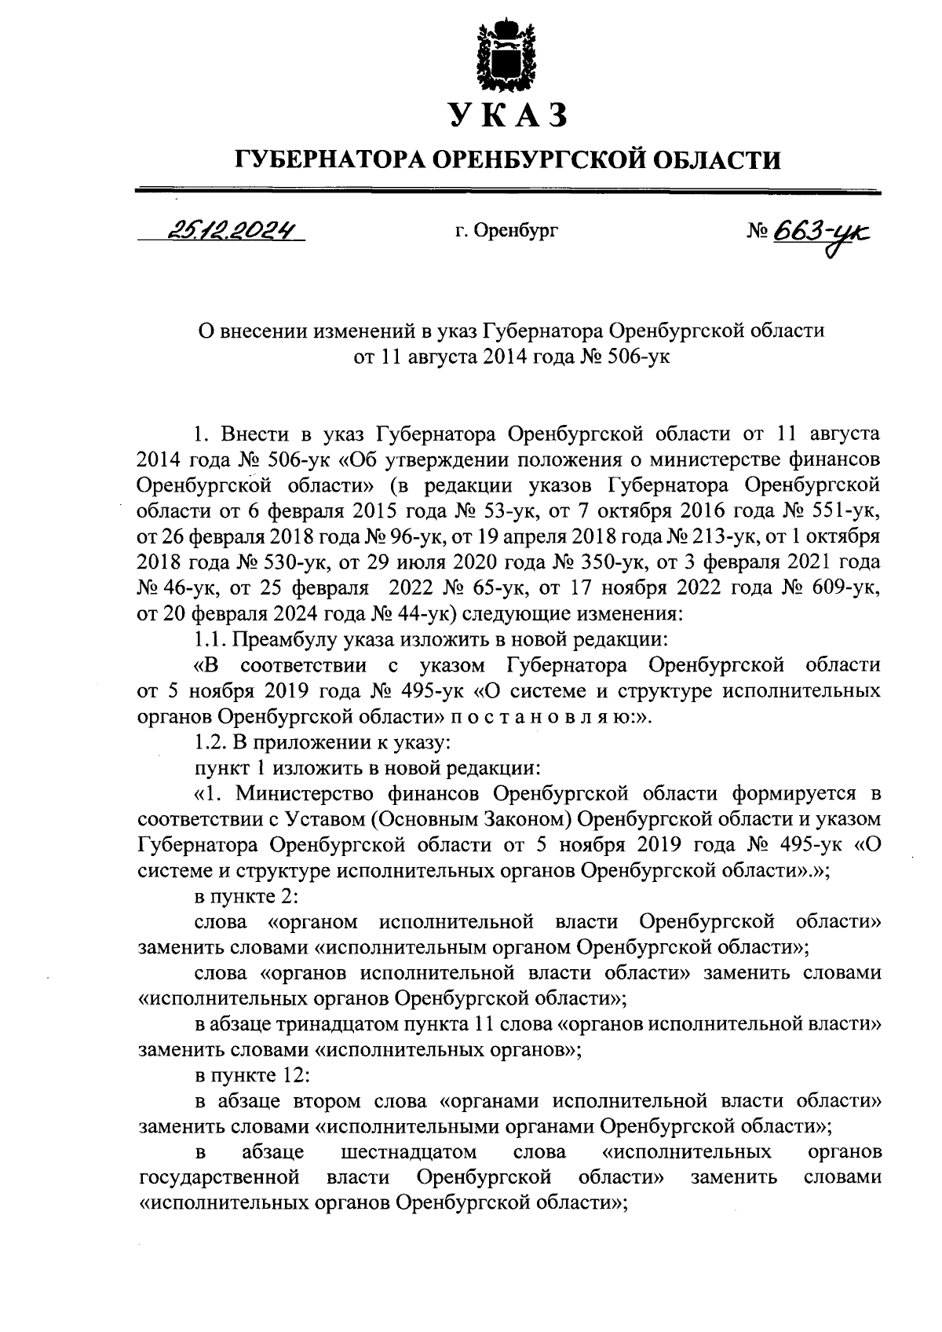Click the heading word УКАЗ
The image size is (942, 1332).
pos(507,115)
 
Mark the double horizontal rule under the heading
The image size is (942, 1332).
pos(508,189)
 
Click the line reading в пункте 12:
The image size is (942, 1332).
pos(246,1075)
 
